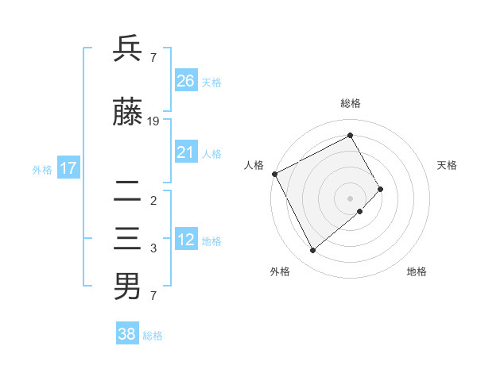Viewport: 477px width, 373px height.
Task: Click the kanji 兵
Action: pos(127,49)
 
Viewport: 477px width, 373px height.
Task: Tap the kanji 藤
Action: pos(127,113)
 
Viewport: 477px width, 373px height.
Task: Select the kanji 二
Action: pos(127,190)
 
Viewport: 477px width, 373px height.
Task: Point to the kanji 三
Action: pos(127,239)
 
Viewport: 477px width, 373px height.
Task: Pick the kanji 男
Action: pos(127,286)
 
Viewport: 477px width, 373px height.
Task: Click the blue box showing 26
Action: pos(186,81)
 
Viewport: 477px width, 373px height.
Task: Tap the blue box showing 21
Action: pos(186,152)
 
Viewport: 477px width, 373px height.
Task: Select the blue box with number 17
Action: pos(68,168)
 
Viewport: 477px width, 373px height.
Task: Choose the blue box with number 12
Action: pos(186,240)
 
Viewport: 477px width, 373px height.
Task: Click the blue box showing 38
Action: pos(127,334)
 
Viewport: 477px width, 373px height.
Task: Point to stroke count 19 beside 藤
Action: pos(153,121)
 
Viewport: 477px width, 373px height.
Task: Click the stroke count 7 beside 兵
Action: pos(153,57)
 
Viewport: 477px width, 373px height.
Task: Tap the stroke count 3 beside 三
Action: pos(153,248)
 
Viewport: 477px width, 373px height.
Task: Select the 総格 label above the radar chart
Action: pos(351,103)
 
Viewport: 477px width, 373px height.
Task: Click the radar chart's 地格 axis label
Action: pos(417,271)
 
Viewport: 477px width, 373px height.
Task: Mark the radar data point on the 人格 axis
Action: pos(274,174)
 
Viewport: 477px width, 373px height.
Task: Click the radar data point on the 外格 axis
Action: pos(312,251)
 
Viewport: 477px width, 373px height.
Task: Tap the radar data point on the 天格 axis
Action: pos(381,189)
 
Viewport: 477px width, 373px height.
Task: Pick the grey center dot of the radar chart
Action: pos(350,198)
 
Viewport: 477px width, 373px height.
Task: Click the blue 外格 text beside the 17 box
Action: pos(42,169)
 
